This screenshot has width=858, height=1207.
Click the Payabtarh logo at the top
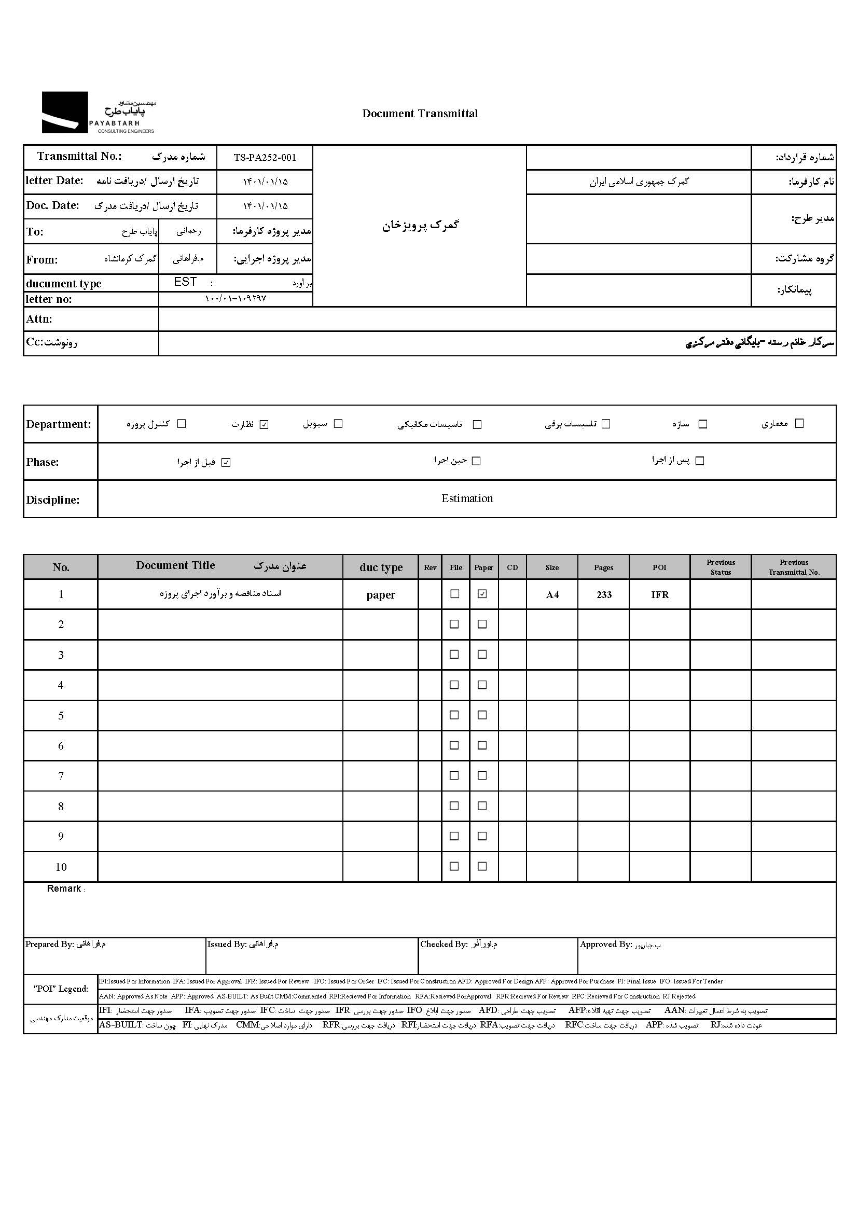click(99, 113)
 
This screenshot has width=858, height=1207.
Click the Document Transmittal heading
click(420, 114)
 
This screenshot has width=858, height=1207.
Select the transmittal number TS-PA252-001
click(265, 157)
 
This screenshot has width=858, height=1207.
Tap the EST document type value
click(185, 282)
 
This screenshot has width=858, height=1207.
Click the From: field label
click(42, 260)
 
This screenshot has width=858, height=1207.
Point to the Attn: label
click(39, 319)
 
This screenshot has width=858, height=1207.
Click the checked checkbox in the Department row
click(264, 424)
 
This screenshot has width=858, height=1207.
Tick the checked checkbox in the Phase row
click(226, 463)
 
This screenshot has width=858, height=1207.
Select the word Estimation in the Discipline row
click(467, 498)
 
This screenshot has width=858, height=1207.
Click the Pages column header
click(603, 567)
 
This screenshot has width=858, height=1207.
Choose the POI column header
click(659, 567)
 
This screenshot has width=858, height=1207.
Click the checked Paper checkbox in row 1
click(482, 594)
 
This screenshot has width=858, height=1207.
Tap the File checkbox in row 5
click(454, 715)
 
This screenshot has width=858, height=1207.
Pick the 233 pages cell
click(604, 595)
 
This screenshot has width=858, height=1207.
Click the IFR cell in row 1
click(660, 595)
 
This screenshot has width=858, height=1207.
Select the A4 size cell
click(552, 595)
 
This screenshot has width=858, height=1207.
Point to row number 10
click(61, 867)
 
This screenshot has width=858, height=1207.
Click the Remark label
click(64, 889)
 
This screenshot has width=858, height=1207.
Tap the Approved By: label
click(605, 944)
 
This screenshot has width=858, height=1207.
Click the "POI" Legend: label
click(61, 989)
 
